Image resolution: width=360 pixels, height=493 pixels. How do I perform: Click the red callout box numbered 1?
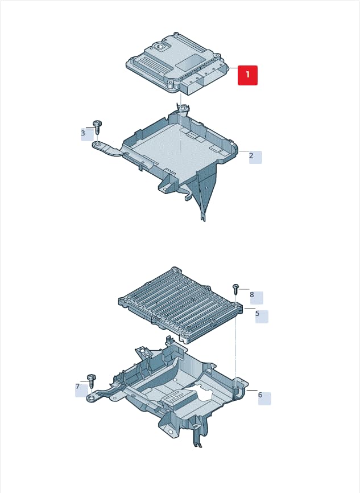[247, 75]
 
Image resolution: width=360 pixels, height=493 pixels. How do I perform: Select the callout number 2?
[251, 155]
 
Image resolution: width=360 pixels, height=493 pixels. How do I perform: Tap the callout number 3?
[83, 133]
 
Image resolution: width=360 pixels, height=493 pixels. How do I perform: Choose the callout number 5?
[257, 314]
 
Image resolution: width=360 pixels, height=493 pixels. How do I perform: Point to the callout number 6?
[260, 395]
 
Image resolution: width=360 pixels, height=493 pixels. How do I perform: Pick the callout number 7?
[77, 387]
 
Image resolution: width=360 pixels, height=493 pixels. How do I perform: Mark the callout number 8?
[252, 295]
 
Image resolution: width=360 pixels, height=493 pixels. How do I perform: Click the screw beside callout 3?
[98, 127]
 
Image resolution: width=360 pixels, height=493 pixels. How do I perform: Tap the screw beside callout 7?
[92, 381]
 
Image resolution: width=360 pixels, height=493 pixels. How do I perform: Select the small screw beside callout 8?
[235, 289]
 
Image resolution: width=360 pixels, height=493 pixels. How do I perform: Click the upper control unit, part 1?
[177, 63]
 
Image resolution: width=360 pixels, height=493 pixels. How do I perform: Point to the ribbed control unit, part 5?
[180, 305]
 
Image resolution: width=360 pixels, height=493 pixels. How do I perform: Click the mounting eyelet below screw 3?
[97, 145]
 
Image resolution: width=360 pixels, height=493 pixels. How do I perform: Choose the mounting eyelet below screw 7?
[92, 398]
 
